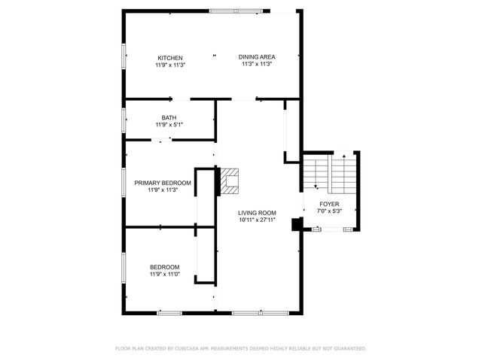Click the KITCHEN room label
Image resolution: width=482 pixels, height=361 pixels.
(170, 58)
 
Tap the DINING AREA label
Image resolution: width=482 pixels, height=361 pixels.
(257, 57)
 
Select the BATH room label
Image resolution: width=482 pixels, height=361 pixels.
(169, 117)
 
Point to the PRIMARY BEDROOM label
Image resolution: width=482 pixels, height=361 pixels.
(163, 183)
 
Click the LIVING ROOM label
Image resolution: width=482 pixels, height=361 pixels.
(257, 213)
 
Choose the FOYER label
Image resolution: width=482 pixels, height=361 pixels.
(329, 204)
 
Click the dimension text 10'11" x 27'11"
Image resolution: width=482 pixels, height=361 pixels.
(257, 220)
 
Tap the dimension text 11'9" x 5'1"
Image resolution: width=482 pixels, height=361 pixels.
(169, 125)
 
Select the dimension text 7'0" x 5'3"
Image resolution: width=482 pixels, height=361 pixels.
(329, 211)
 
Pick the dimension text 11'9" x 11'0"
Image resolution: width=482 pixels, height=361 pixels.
(165, 274)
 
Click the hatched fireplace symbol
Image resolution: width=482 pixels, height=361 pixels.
(230, 181)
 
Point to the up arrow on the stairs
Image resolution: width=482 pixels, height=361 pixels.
(344, 156)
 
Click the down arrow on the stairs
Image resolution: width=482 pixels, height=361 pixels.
(316, 187)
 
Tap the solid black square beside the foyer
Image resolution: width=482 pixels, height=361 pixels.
(297, 224)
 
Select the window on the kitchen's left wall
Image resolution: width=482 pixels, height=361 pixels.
(124, 56)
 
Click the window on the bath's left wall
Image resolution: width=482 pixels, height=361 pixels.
(124, 120)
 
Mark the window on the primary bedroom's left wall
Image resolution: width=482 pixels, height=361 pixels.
(124, 182)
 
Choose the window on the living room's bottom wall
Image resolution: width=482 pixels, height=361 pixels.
(261, 313)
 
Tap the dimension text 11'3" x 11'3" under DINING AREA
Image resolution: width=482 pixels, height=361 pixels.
(257, 64)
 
